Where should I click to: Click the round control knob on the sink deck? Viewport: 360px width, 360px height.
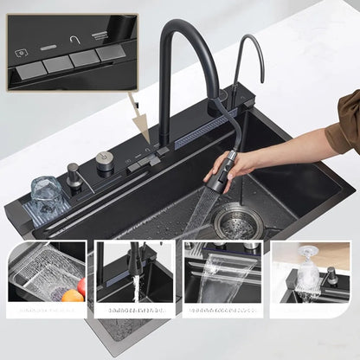click(105, 160)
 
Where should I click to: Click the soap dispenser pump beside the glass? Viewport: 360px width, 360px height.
click(75, 176)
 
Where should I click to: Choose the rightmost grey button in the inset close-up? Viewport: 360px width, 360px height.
click(110, 54)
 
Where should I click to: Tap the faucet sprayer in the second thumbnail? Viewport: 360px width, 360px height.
click(134, 260)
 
